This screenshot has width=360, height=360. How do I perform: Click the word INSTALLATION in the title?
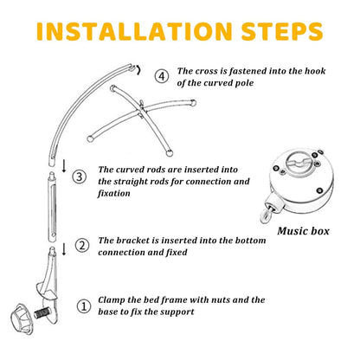click(134, 31)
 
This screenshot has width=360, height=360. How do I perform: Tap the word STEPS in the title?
click(282, 31)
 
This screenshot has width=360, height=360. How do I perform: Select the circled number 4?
click(162, 76)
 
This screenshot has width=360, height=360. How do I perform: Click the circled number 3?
click(79, 177)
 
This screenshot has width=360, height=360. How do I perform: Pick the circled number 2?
click(82, 246)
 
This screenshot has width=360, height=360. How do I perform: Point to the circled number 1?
click(84, 306)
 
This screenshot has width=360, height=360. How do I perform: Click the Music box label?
click(303, 231)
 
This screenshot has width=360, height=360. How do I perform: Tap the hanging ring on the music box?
click(266, 216)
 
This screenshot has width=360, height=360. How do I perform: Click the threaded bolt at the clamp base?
click(42, 313)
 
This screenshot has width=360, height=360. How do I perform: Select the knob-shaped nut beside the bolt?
click(22, 318)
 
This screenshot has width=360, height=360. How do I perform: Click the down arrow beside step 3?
click(64, 165)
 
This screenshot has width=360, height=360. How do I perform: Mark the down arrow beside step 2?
click(64, 248)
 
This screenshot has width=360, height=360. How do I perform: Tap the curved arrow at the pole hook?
click(139, 70)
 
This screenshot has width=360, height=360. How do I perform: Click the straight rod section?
click(52, 207)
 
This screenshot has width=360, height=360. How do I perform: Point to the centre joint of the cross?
click(141, 109)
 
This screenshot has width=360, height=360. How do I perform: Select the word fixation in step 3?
click(114, 193)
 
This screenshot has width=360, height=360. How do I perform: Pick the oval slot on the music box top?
click(298, 161)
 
